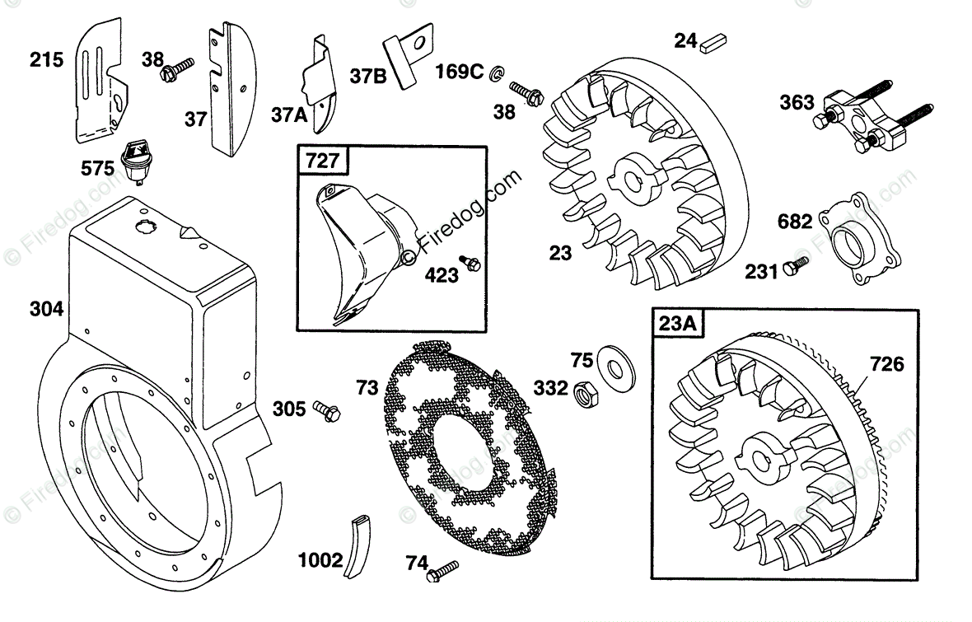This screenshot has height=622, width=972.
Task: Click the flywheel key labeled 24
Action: click(x=712, y=44)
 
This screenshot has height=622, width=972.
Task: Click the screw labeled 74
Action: click(x=442, y=569)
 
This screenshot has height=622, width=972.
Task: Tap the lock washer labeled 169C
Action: click(x=497, y=74)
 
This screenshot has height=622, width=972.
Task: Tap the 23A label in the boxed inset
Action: click(x=677, y=324)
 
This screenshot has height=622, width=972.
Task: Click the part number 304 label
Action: click(x=48, y=309)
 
